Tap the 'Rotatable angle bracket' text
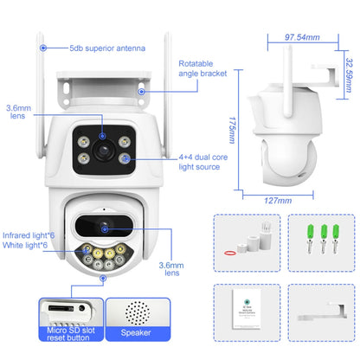[x=202, y=69]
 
